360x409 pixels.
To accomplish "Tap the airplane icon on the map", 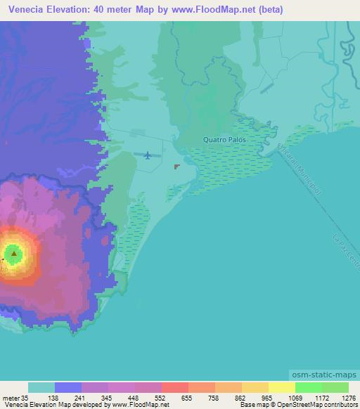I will point(148,155).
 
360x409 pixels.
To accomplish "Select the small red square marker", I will point(176,167).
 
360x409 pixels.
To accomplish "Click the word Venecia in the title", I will point(29,9).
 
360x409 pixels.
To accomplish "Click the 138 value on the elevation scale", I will point(53,397).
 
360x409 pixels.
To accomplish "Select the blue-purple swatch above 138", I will point(68,387).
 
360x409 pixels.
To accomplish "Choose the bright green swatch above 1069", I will point(308,387).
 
